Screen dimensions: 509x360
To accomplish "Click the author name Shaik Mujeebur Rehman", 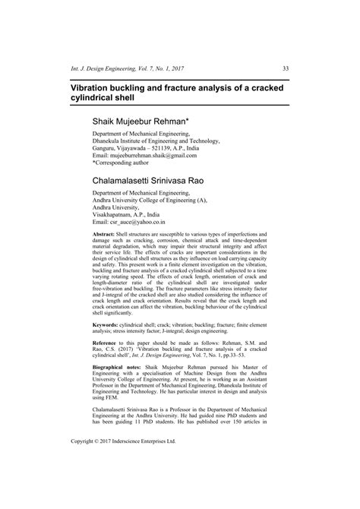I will coord(141,120).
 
